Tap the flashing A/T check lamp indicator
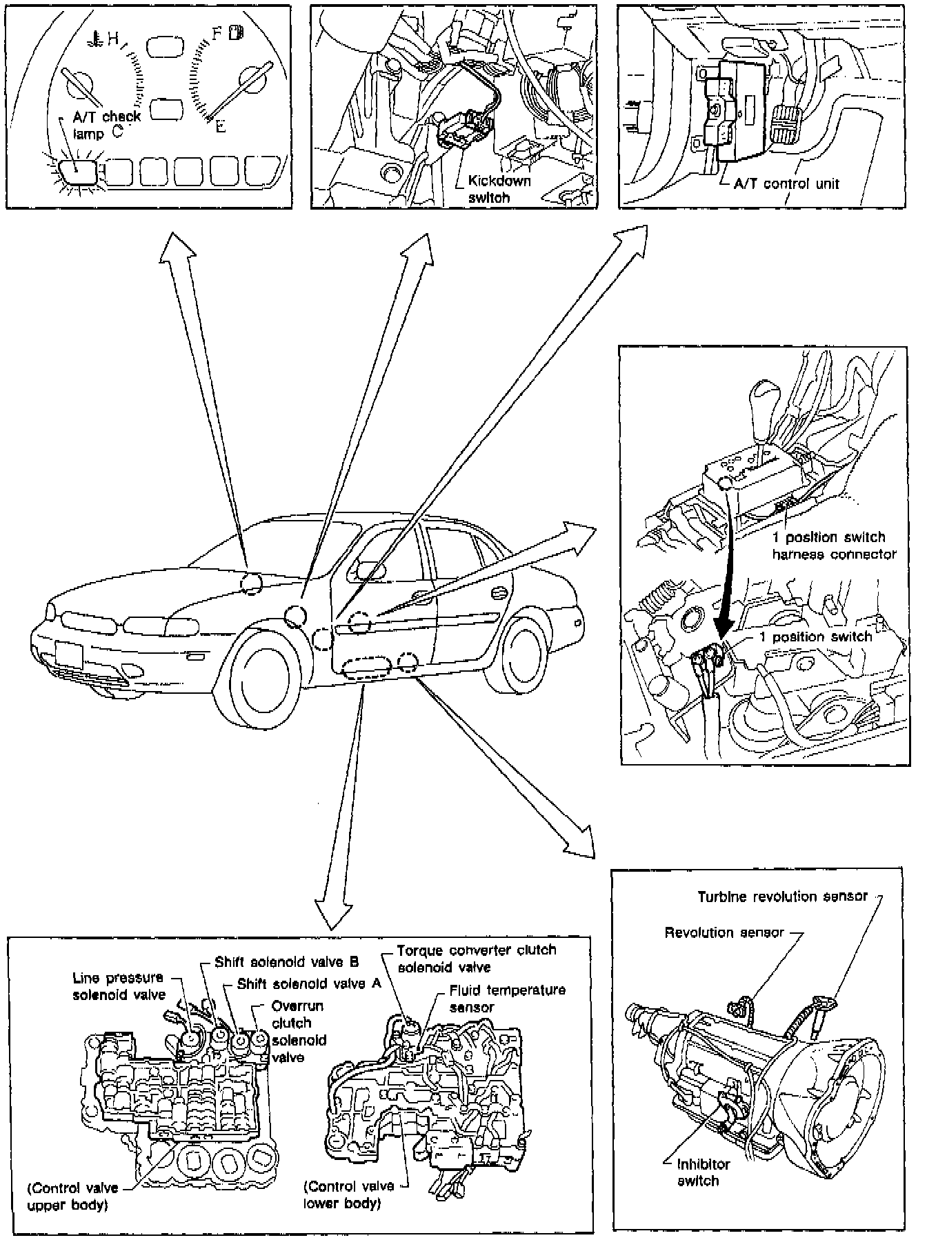77,172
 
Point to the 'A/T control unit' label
788,184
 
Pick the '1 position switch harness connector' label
833,546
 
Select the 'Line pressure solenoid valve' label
119,986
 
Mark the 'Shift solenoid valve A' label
309,984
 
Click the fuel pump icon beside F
238,32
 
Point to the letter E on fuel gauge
220,127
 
